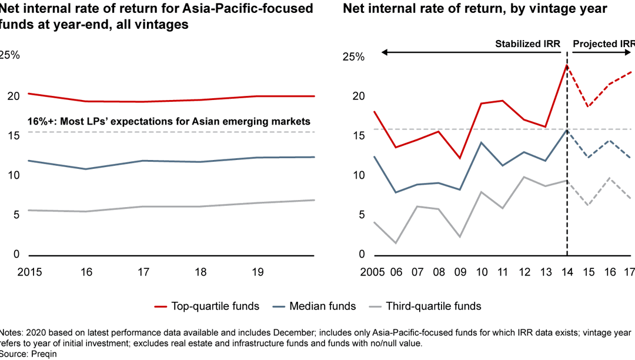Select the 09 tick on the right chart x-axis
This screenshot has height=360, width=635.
tap(459, 273)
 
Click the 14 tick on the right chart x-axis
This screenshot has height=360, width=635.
tap(567, 273)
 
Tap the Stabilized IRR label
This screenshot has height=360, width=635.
tap(527, 44)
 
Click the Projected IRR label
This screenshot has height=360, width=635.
tap(603, 44)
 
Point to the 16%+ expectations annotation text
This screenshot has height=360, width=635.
tap(169, 122)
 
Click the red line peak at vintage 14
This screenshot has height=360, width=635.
tap(567, 65)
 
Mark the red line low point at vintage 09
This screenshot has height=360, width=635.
tap(459, 158)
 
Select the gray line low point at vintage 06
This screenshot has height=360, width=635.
tap(395, 243)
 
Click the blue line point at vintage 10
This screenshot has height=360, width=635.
tap(480, 142)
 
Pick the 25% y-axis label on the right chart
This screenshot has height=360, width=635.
tap(353, 57)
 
